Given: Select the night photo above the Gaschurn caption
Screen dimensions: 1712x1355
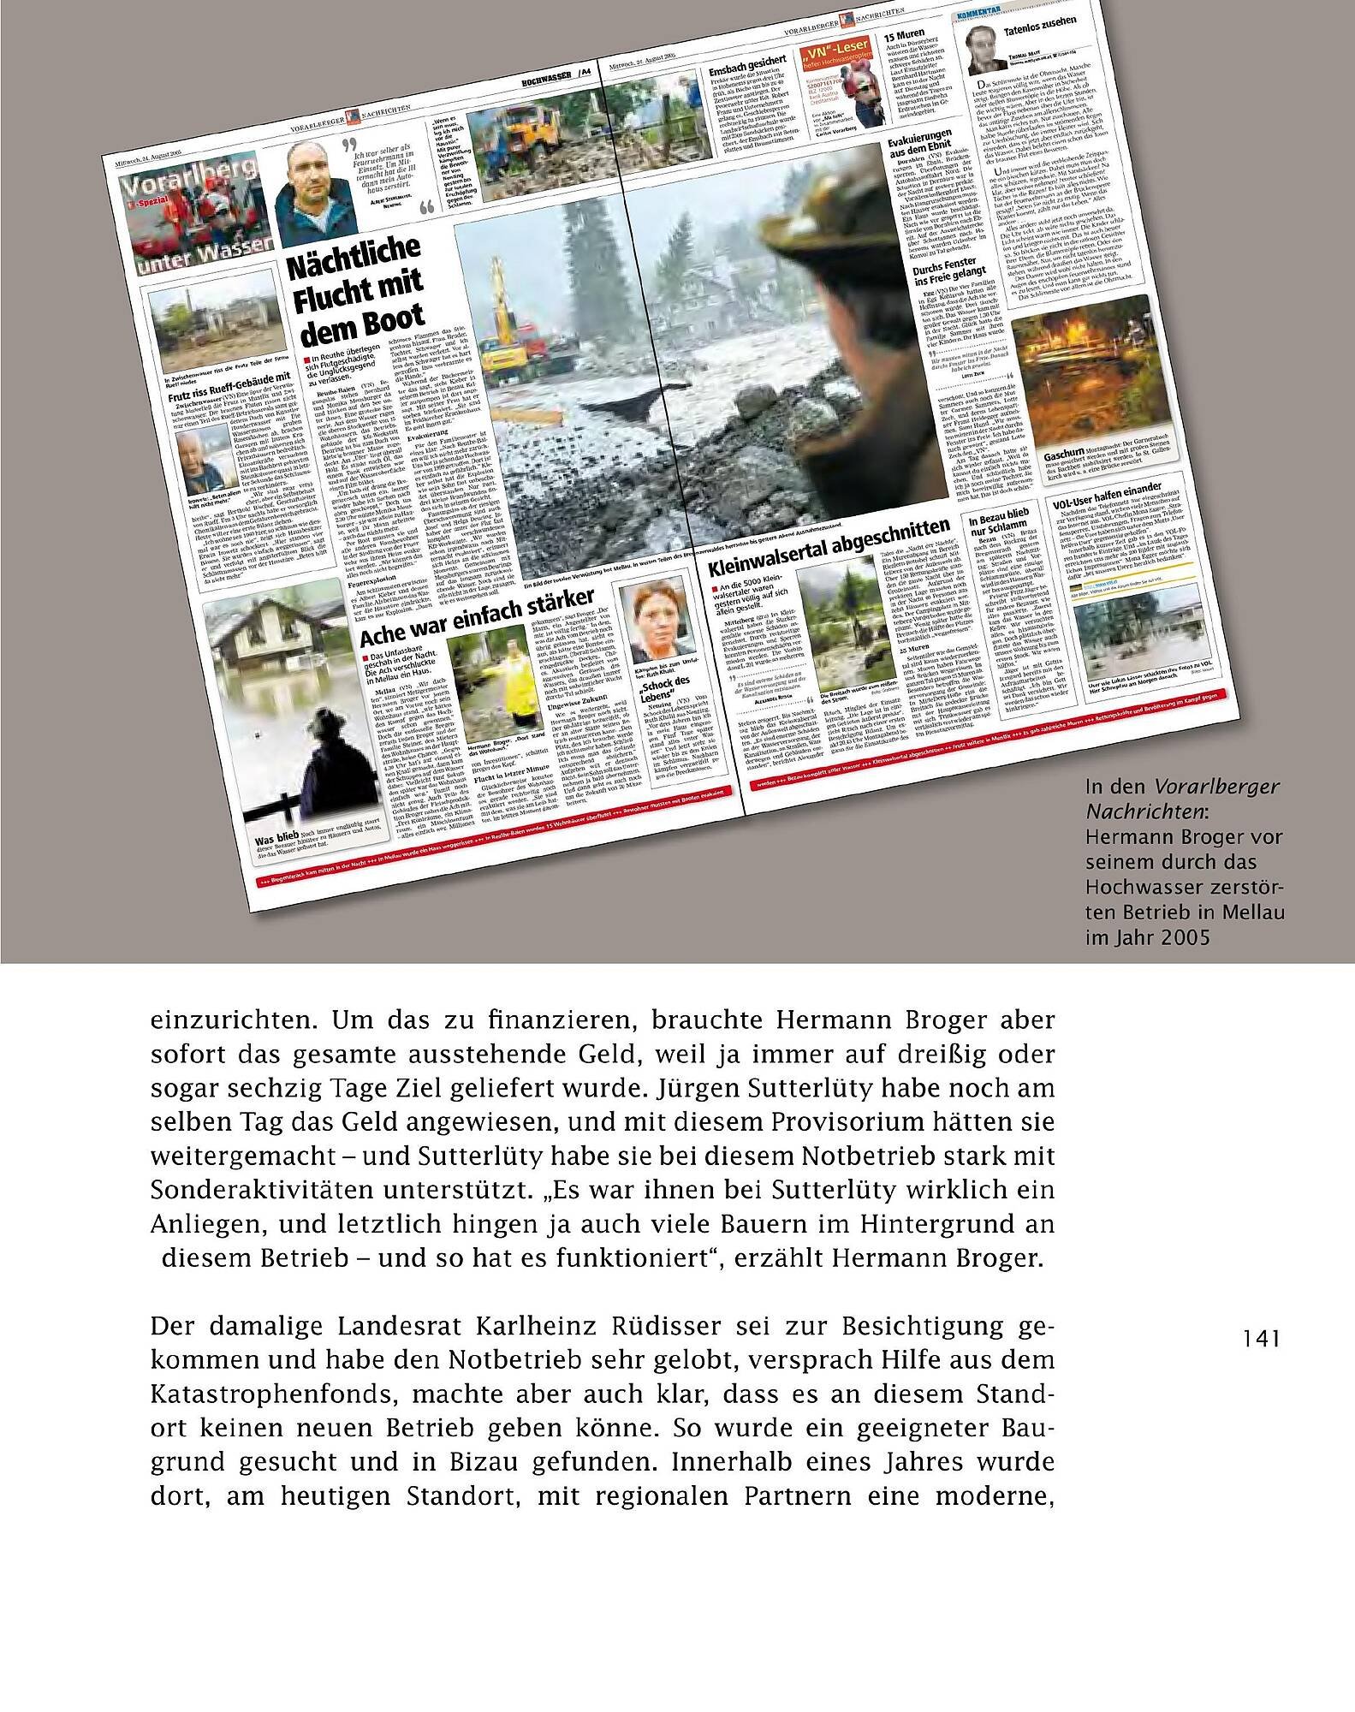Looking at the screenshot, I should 1069,377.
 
